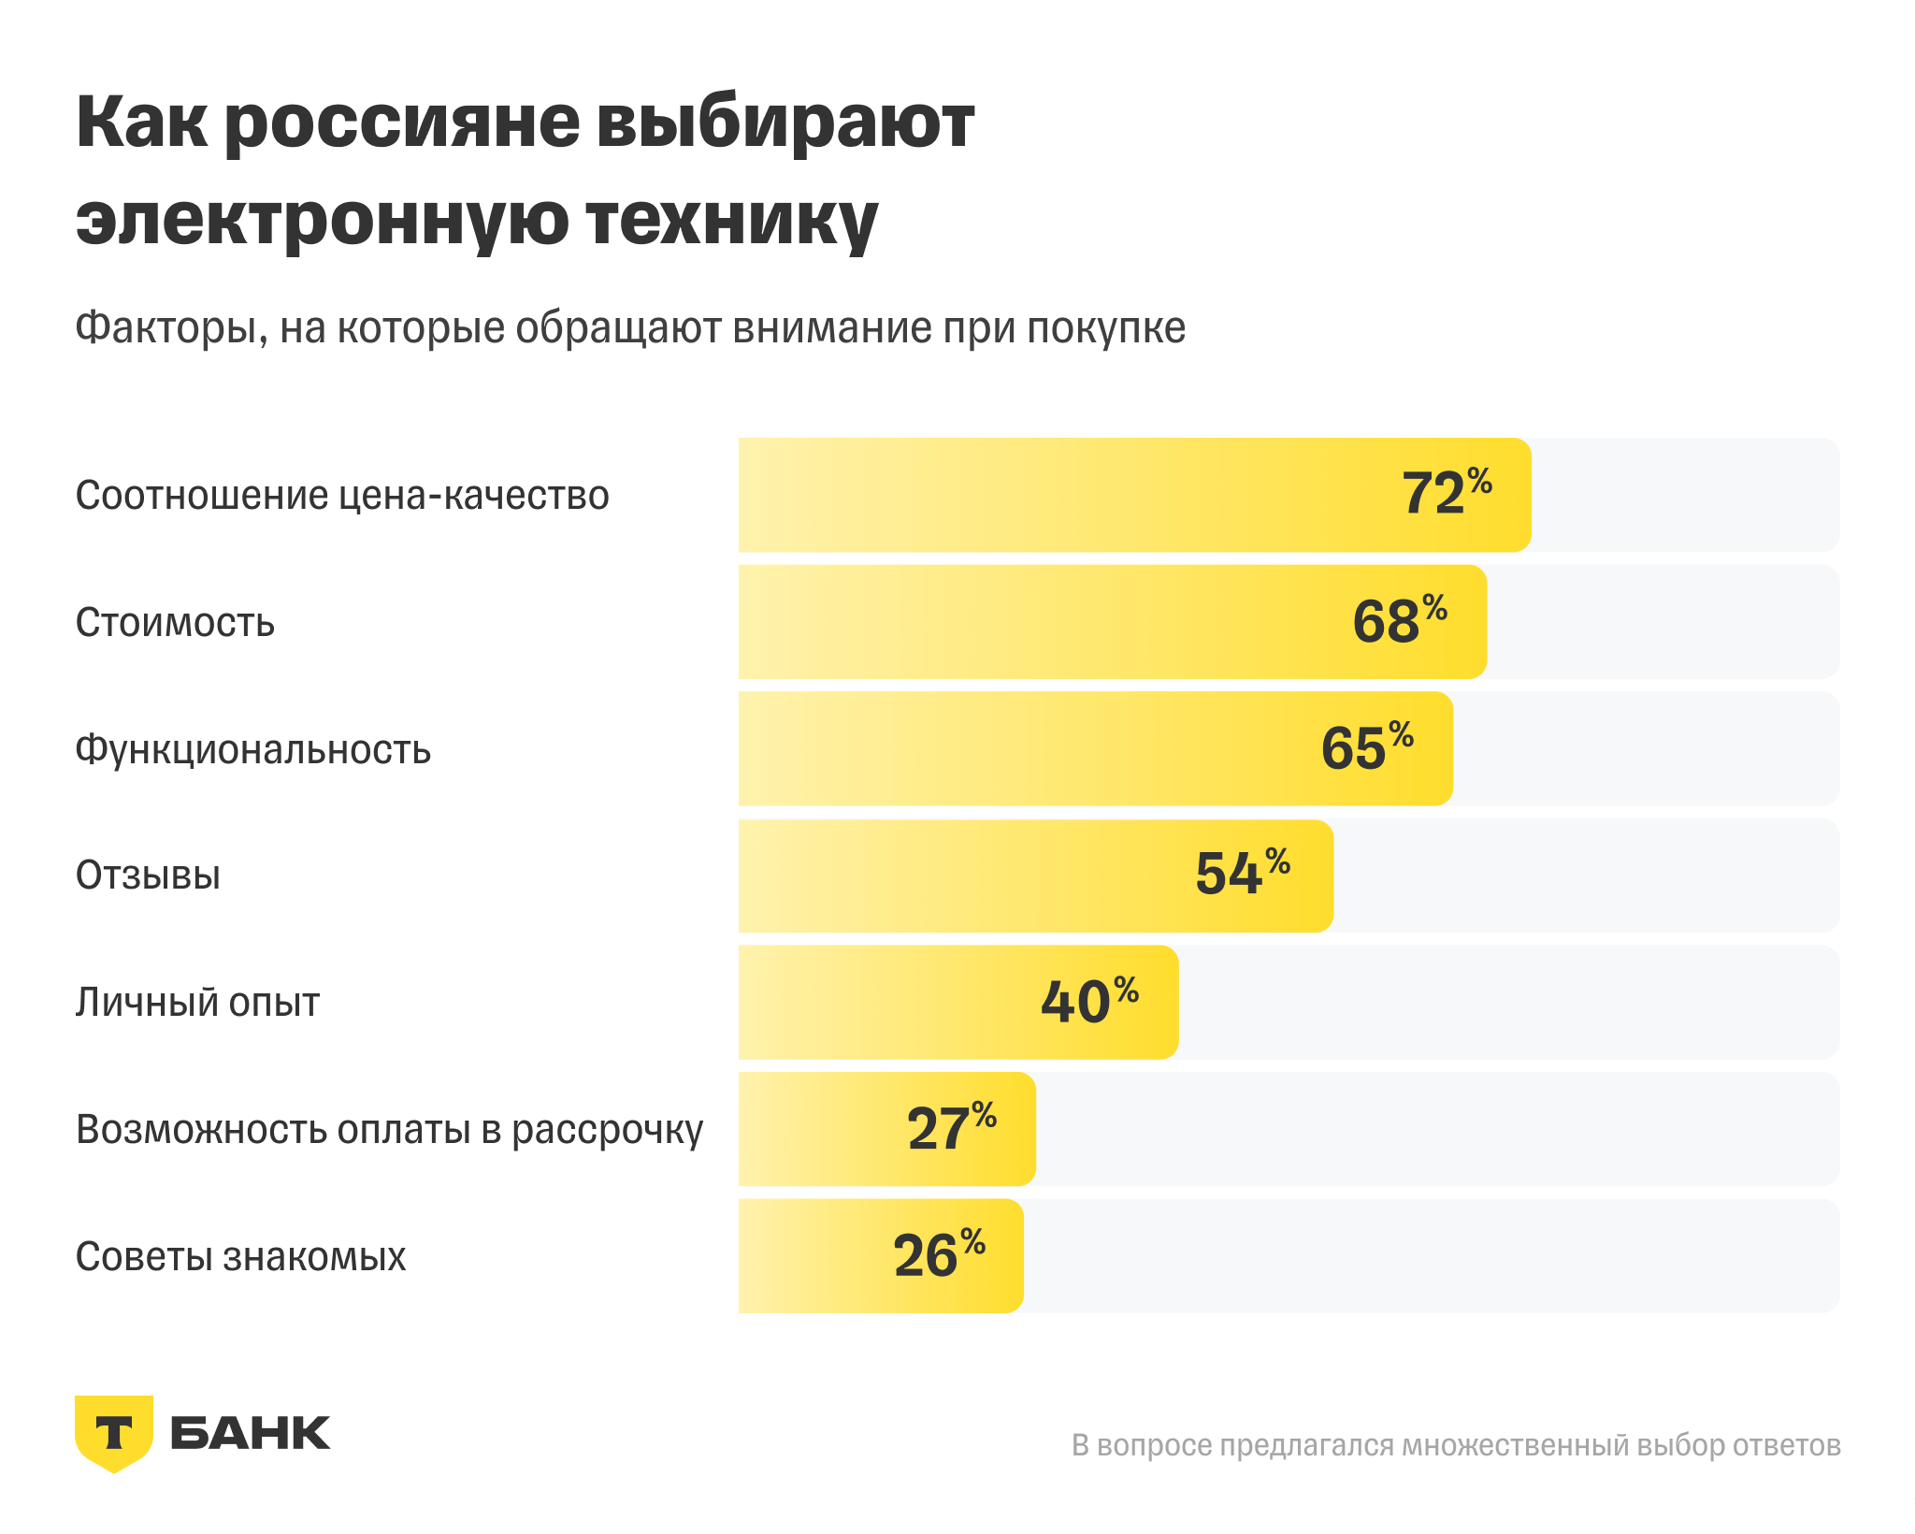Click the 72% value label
coord(1446,493)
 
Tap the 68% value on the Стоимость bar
coord(1399,620)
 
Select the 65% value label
coord(1366,747)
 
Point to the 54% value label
coord(1242,874)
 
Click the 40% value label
coord(1089,1001)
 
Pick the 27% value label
coord(951,1127)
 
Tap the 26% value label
coord(939,1254)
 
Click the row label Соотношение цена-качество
coord(342,495)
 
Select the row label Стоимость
coord(175,622)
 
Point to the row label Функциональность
coord(253,749)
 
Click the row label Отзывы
coord(148,876)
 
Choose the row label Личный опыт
coord(197,1003)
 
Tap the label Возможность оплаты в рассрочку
coord(389,1130)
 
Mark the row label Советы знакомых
coord(240,1256)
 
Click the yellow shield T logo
coord(114,1432)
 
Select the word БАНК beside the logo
coord(250,1433)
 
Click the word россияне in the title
coord(402,123)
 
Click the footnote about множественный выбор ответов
coord(1455,1445)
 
